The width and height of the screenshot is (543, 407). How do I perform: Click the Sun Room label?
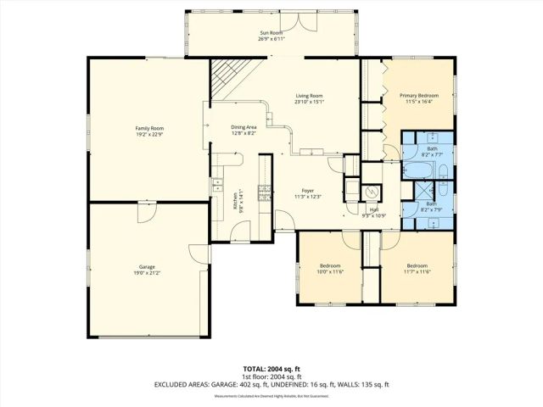point(271,33)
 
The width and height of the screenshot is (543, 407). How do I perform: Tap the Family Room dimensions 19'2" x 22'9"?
point(148,134)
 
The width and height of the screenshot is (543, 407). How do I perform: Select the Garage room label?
point(148,267)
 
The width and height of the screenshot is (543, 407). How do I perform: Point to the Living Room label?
point(309,96)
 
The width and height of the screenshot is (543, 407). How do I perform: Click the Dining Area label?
point(244,127)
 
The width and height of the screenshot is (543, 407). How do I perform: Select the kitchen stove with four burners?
point(264,192)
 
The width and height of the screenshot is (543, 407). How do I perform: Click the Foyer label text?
point(309,191)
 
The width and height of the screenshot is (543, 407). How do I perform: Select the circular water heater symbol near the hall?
point(371,191)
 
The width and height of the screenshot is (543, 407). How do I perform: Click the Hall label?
point(374,209)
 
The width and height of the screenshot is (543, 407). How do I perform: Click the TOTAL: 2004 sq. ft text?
point(271,369)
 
